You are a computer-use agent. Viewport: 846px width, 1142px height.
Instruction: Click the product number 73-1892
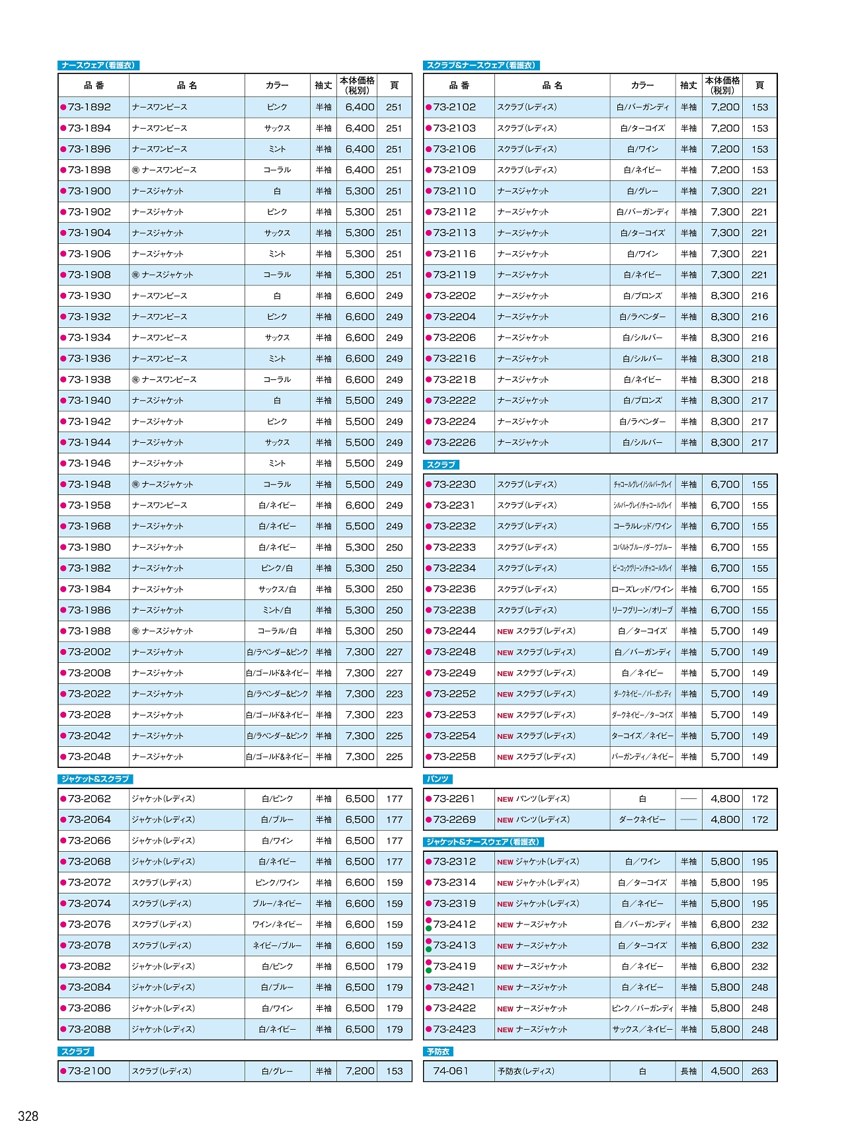click(89, 107)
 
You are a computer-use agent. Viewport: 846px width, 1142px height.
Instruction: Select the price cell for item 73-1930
click(360, 295)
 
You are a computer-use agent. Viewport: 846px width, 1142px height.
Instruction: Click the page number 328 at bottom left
click(28, 1116)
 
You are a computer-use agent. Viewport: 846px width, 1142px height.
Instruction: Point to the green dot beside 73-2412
click(428, 929)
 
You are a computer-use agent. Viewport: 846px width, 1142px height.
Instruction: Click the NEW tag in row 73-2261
click(505, 799)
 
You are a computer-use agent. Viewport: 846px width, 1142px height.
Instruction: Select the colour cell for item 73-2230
click(642, 484)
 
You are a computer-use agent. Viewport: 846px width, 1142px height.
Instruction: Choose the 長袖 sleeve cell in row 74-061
click(688, 1071)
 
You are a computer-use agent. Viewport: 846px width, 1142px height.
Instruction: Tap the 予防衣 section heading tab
click(438, 1051)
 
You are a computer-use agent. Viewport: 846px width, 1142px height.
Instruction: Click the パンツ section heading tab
click(438, 779)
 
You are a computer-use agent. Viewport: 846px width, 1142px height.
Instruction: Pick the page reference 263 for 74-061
click(759, 1071)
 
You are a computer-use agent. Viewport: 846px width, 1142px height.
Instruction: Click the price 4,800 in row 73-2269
click(725, 819)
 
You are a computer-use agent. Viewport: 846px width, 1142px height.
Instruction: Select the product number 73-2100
click(89, 1071)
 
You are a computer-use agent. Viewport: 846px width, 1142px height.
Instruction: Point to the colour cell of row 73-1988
click(277, 631)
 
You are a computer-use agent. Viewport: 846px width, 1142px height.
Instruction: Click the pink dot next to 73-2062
click(63, 798)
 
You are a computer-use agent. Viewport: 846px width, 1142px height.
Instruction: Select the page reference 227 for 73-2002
click(394, 652)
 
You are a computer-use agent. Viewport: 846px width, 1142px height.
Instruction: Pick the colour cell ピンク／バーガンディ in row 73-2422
click(642, 1009)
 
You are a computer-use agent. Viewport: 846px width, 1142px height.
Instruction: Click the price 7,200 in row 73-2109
click(725, 170)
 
